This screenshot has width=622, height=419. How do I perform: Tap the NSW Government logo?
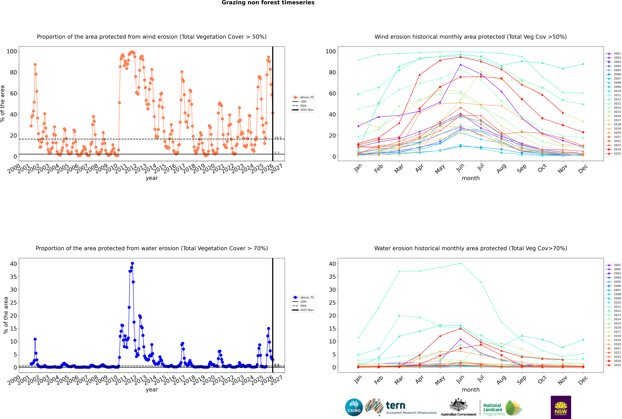coord(561,407)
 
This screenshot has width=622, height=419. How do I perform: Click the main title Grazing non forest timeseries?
coord(268,3)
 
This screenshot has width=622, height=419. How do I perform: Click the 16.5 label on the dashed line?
coord(278,138)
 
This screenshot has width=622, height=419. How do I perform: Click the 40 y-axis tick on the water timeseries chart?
coord(13,264)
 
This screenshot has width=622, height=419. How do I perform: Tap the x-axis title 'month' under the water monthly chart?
coord(471,390)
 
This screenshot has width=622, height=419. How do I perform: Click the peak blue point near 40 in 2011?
coord(132,263)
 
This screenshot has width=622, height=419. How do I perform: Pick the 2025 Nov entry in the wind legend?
coord(306,110)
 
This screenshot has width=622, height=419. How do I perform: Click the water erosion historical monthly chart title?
coord(471,248)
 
